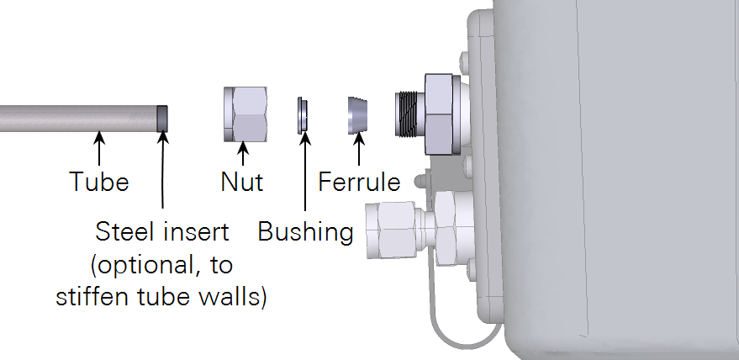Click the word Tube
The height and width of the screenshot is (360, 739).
(99, 182)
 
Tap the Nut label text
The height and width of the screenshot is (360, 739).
(242, 182)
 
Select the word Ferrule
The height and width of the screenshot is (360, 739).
(359, 182)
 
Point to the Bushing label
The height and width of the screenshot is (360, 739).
(305, 232)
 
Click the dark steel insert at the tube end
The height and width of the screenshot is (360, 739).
(162, 119)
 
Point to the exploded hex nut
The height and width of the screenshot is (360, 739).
(245, 114)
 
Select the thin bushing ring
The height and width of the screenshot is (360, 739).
(302, 115)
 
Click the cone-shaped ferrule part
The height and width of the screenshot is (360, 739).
(357, 115)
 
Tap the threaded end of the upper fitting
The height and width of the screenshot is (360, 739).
(409, 114)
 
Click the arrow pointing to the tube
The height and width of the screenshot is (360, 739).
(99, 149)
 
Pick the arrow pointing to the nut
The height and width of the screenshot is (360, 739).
(243, 153)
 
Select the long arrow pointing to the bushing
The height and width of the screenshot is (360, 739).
(305, 172)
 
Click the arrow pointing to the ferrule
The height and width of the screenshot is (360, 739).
(359, 149)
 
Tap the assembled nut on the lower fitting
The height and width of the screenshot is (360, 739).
(391, 230)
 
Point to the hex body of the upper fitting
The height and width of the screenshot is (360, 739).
(439, 114)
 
